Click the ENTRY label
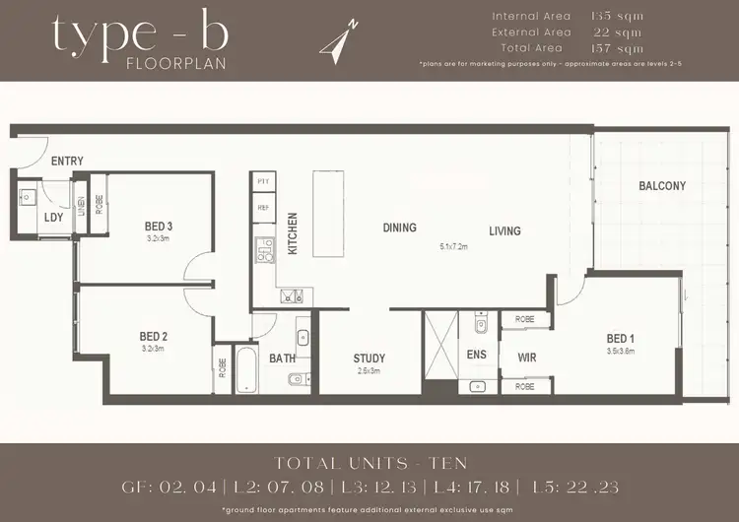pyautogui.click(x=67, y=162)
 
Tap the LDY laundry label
pyautogui.click(x=53, y=218)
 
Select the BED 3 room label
pyautogui.click(x=159, y=227)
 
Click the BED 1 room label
pyautogui.click(x=622, y=340)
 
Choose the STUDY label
pyautogui.click(x=369, y=359)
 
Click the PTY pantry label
pyautogui.click(x=263, y=183)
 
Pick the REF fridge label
pyautogui.click(x=263, y=208)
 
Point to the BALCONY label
pyautogui.click(x=662, y=186)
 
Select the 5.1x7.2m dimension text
pyautogui.click(x=452, y=248)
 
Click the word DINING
pyautogui.click(x=399, y=228)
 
